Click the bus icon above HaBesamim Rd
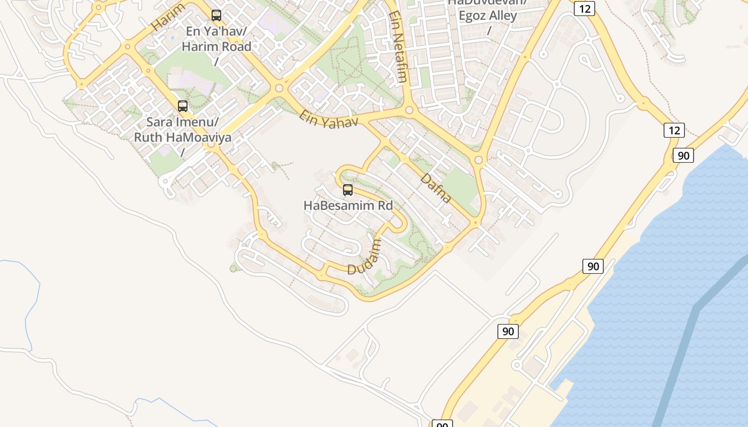tap(348, 189)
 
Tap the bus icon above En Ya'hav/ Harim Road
tap(216, 15)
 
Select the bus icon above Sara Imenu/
tap(183, 106)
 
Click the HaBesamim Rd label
tap(348, 205)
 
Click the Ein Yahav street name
tap(328, 119)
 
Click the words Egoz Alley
tap(487, 15)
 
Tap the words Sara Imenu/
tap(182, 122)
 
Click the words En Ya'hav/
tap(216, 31)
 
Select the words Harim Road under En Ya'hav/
tap(216, 46)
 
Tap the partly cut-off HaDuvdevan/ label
tap(487, 3)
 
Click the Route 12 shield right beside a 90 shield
tap(674, 130)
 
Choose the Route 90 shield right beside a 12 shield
tap(683, 155)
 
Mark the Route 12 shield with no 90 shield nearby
tap(585, 9)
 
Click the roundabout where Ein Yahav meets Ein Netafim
tap(410, 110)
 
